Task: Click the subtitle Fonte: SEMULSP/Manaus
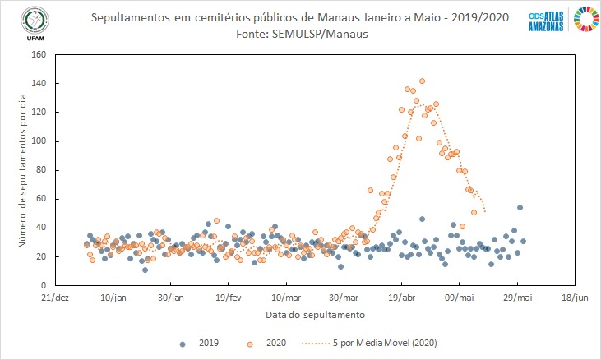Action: tap(303, 34)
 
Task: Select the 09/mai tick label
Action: tap(459, 298)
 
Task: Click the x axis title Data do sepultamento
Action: tap(315, 315)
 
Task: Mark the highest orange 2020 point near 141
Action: tap(422, 81)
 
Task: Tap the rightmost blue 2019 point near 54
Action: tap(520, 207)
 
